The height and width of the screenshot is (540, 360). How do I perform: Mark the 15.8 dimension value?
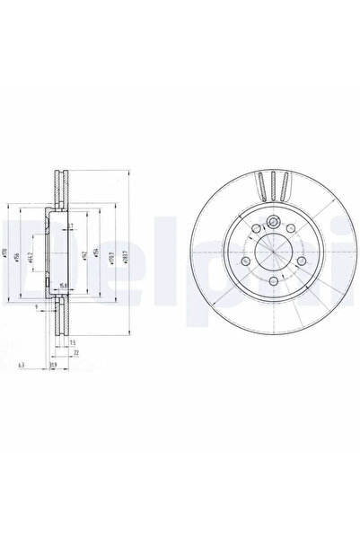coord(64,285)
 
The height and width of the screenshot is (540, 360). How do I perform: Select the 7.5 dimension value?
coord(71,343)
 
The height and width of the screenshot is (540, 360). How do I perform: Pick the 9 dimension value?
coord(37,307)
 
